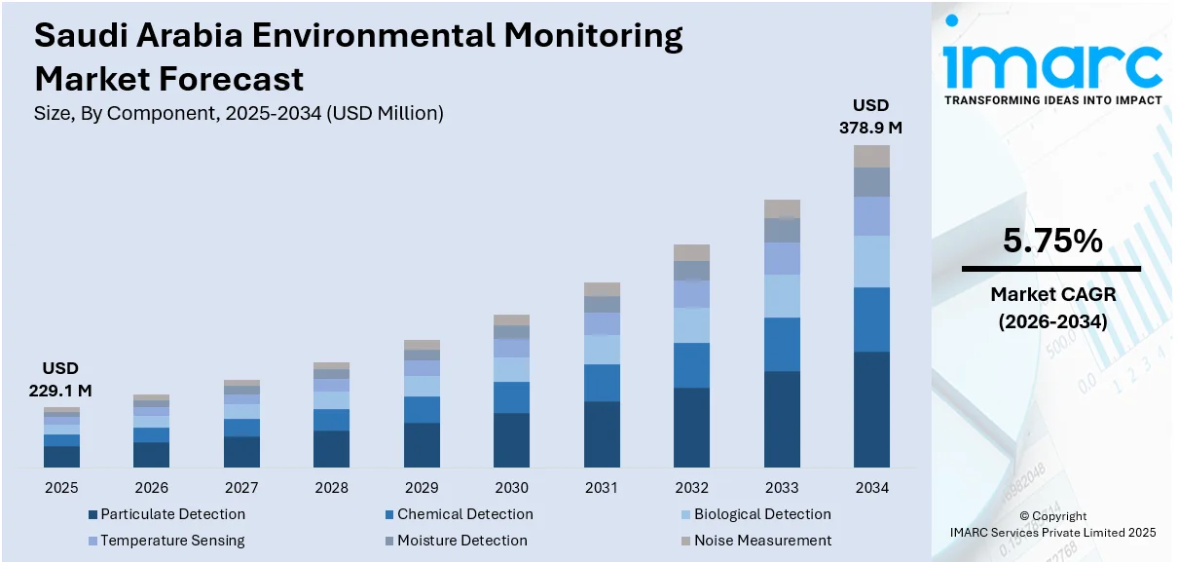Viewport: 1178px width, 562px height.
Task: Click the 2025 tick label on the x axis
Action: pos(61,487)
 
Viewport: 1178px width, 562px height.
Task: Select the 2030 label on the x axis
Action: pos(511,487)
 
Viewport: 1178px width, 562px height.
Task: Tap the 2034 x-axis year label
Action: pos(872,487)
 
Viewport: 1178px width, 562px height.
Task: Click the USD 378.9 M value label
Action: pos(870,116)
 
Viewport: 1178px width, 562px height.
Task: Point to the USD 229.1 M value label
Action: pos(60,379)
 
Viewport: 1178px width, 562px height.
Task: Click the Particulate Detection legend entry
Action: pos(166,514)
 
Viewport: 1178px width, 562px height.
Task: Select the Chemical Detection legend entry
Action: pos(459,514)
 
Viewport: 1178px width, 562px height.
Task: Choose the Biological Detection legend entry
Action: pos(755,514)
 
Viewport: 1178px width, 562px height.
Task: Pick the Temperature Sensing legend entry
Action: pos(166,540)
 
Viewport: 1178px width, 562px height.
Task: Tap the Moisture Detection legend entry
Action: pos(456,540)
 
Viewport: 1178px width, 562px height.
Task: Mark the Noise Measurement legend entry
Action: pos(755,540)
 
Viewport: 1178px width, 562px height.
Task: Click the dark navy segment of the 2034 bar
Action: pos(872,409)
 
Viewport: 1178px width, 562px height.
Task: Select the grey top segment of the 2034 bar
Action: pos(872,156)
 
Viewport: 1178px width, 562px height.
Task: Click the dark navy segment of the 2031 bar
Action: pos(602,433)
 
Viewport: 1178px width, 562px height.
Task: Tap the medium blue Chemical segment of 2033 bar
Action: pos(782,344)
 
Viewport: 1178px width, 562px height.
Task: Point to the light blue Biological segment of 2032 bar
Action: pos(691,325)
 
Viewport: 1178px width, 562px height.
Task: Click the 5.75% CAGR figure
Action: pos(1050,241)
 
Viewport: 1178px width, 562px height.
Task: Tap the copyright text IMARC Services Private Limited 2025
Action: pos(1052,532)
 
